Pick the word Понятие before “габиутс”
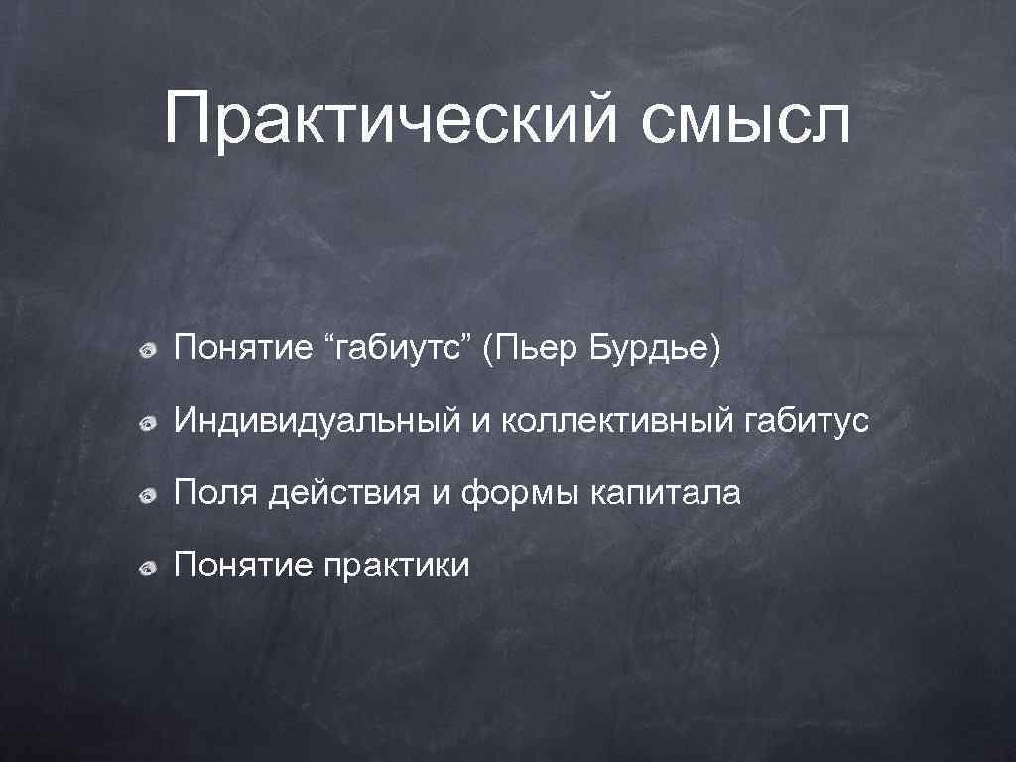(243, 349)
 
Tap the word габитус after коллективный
(805, 422)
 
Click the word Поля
(211, 493)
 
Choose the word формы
(518, 493)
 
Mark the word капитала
(666, 493)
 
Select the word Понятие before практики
(243, 566)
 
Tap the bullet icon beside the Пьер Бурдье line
(147, 351)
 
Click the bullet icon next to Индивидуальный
(147, 424)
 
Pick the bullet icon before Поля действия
(147, 495)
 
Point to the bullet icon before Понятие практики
(147, 568)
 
